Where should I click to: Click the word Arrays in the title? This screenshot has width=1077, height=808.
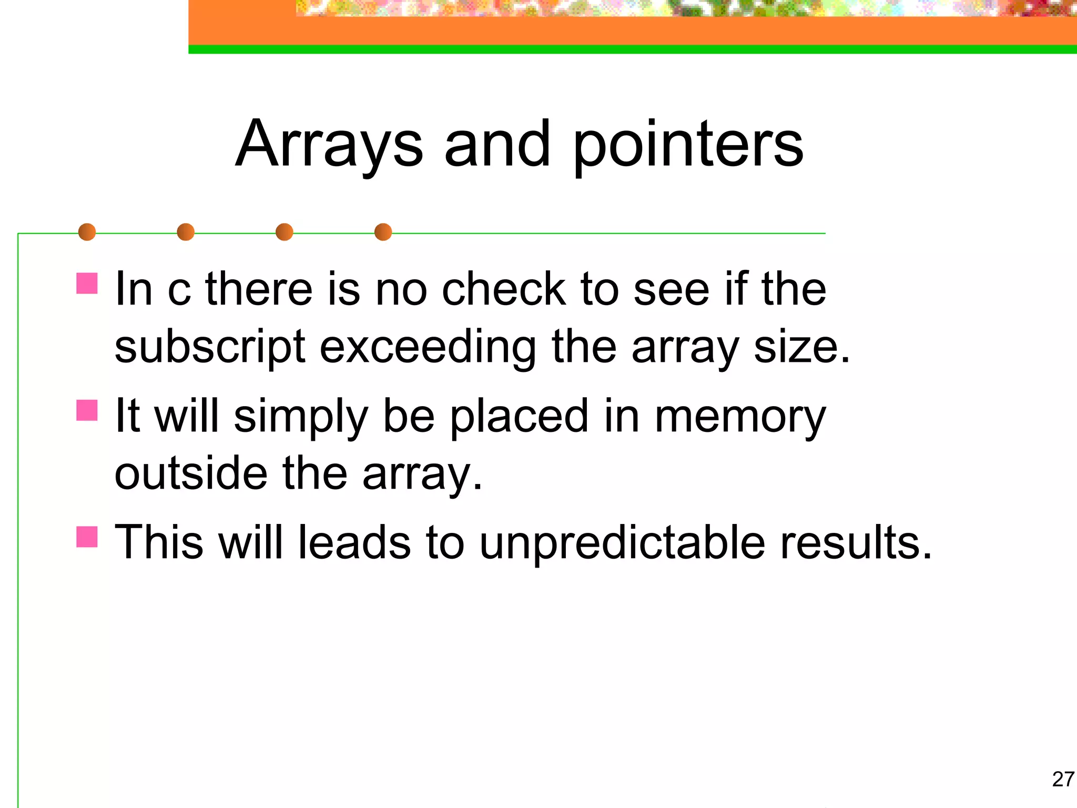point(329,145)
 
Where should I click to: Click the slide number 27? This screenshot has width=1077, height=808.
point(1063,779)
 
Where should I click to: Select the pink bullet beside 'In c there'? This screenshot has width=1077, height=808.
point(87,283)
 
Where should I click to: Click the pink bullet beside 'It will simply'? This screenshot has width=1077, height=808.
point(87,410)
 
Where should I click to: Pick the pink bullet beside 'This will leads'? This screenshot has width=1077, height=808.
point(87,537)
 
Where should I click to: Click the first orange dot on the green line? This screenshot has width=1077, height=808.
point(87,232)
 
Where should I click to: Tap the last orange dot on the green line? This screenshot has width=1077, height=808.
point(383,232)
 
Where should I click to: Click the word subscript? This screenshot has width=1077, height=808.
point(210,348)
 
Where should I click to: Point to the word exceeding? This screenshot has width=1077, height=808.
point(428,348)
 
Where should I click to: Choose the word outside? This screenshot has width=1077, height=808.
point(191,473)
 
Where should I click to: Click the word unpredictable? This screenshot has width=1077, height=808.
point(622,543)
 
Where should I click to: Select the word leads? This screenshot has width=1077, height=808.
point(354,542)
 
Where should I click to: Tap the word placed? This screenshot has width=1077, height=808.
point(519,417)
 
